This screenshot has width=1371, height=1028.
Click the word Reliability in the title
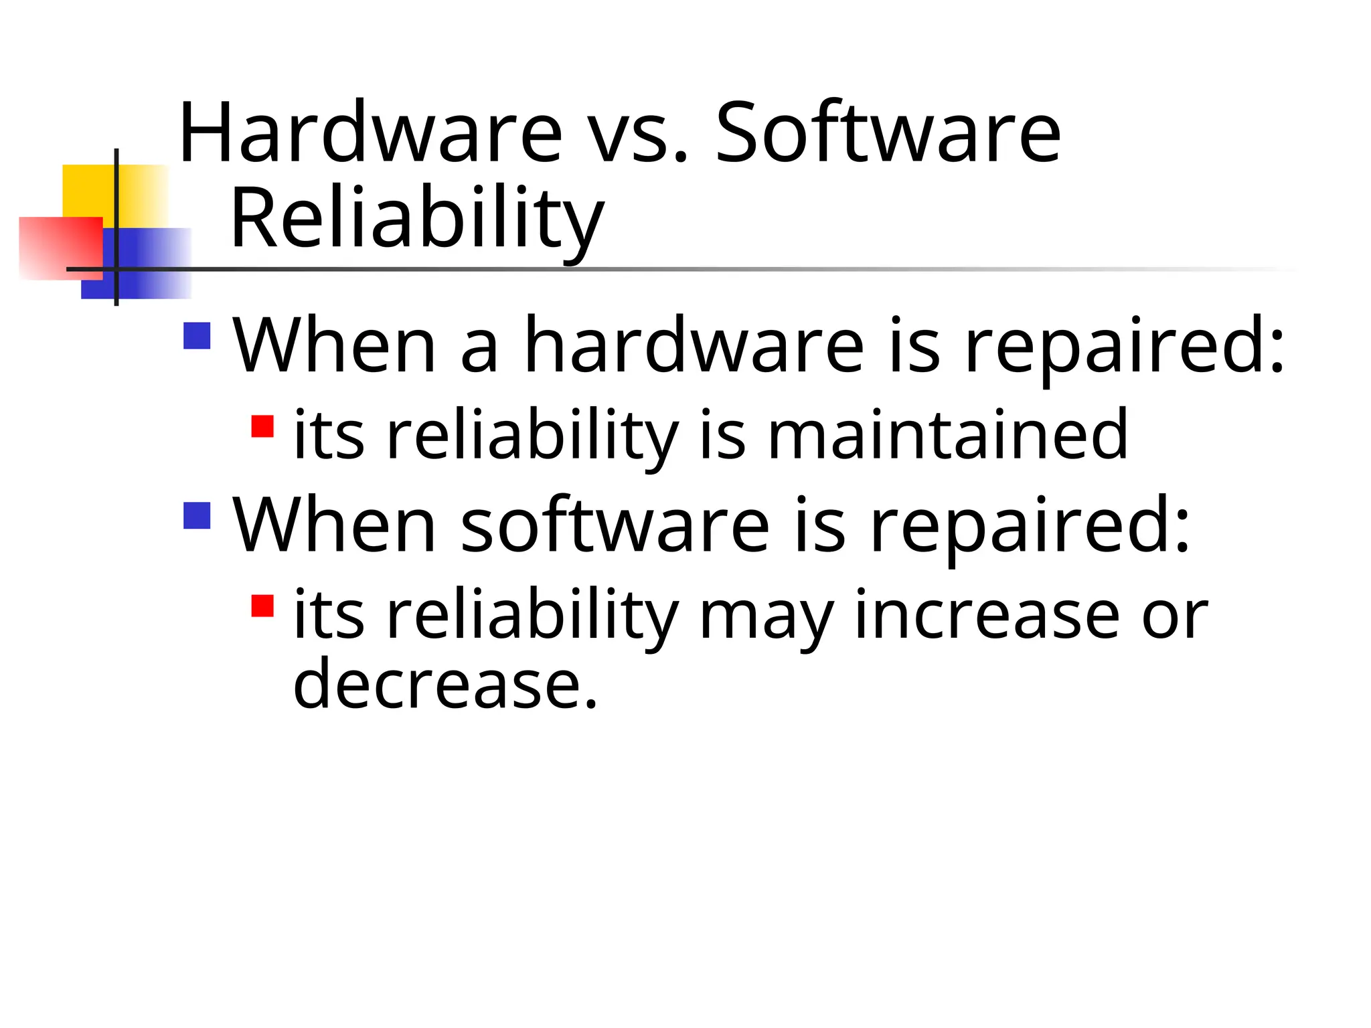[x=417, y=220]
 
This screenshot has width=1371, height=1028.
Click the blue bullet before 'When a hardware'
[x=197, y=336]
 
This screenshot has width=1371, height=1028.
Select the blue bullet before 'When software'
[x=197, y=515]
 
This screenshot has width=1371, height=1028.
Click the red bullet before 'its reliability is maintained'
[x=262, y=426]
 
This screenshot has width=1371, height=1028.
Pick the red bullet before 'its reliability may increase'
[x=262, y=605]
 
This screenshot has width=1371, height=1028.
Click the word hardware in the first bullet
[x=694, y=345]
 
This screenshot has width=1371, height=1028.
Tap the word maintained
[x=947, y=435]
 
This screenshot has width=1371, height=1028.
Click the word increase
[x=987, y=614]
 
